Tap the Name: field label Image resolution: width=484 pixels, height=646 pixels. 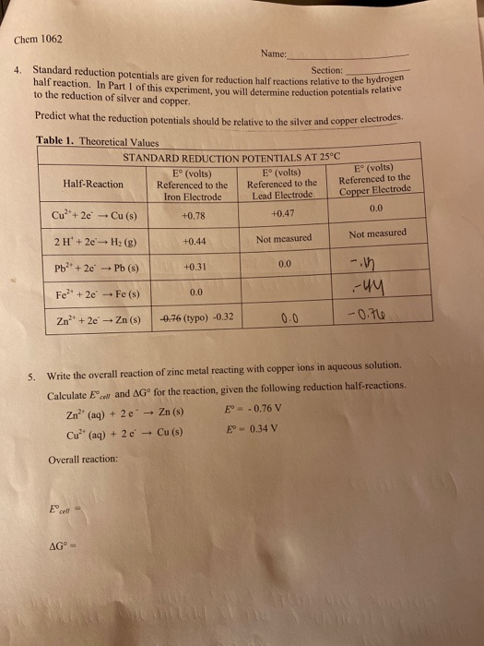(x=274, y=54)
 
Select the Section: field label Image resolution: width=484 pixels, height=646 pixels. (x=326, y=70)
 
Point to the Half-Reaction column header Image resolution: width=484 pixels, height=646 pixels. (x=93, y=184)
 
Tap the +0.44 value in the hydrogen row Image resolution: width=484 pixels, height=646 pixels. (x=194, y=241)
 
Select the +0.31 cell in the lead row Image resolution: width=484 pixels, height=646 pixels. (x=194, y=268)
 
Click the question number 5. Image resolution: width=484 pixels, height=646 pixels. (x=31, y=377)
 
